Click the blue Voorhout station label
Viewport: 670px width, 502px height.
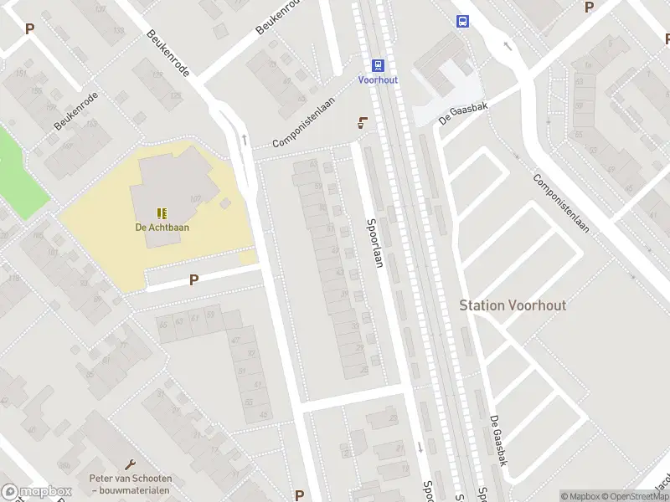point(378,79)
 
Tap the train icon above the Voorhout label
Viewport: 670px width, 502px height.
point(378,64)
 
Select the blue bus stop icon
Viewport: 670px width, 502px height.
point(461,21)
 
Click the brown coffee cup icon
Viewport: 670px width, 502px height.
point(362,124)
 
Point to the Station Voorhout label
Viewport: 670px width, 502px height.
point(513,305)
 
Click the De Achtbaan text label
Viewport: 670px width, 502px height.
point(162,227)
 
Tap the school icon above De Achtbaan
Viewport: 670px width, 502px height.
point(162,213)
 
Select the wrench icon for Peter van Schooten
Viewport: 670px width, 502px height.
point(130,464)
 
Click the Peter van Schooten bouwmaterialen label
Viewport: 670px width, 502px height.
point(130,484)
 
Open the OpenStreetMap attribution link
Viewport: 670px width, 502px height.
point(636,496)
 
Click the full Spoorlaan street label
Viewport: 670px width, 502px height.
point(375,249)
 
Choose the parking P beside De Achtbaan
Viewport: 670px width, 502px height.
point(193,280)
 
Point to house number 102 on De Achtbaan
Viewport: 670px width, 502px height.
point(196,198)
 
